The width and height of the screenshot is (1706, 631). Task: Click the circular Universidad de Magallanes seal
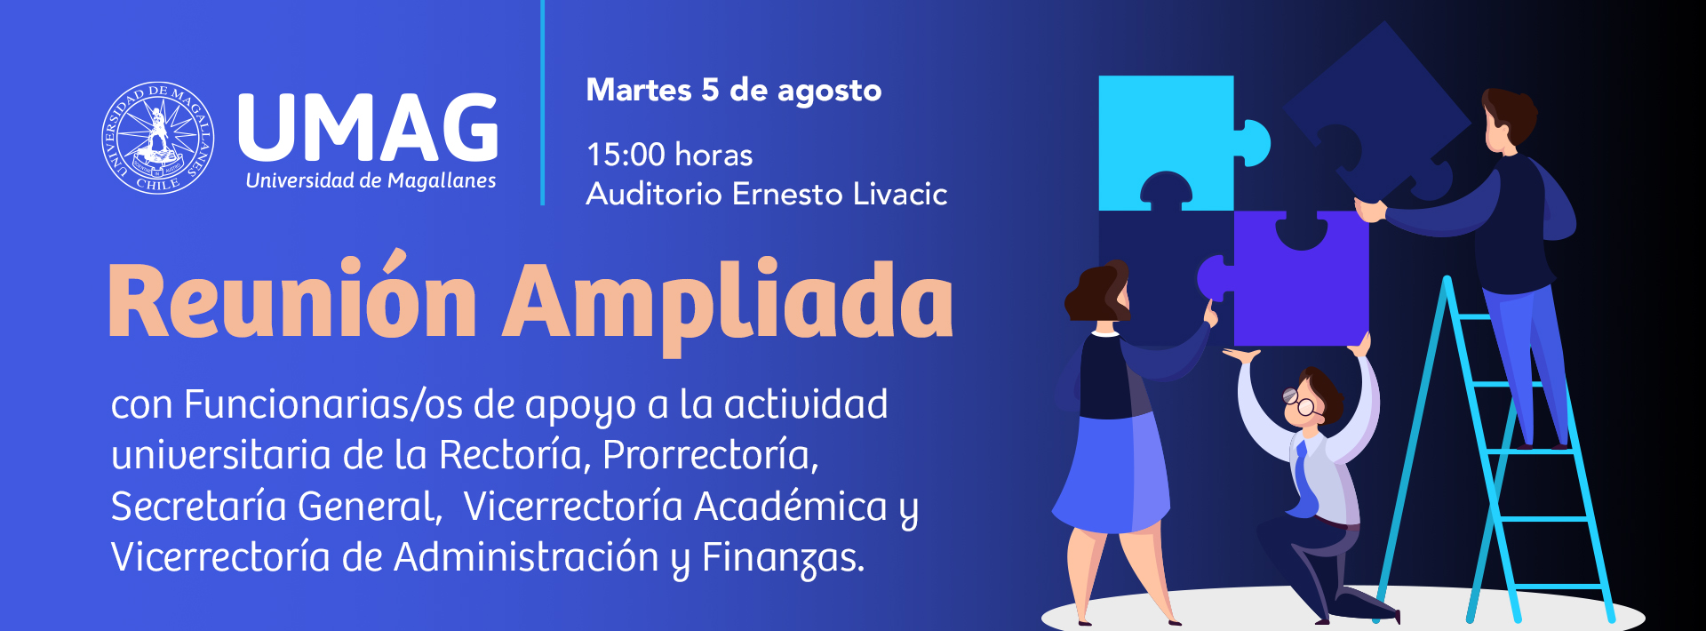pos(158,138)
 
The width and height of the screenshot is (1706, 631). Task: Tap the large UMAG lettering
pos(368,127)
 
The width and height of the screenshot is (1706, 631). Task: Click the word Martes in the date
pos(639,90)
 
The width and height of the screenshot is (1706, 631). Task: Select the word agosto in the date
pos(829,92)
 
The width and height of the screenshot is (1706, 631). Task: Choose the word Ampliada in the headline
pos(729,302)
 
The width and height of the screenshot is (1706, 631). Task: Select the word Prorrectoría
pos(710,455)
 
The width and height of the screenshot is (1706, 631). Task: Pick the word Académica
pos(791,506)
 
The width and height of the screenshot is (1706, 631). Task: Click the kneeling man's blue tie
pos(1303,480)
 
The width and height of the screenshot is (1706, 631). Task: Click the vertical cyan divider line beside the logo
pos(542,103)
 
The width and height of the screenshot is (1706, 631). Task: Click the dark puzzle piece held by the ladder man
pos(1373,116)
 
